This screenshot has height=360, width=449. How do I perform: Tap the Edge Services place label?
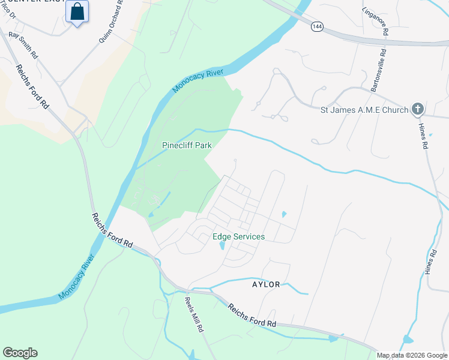click(x=238, y=236)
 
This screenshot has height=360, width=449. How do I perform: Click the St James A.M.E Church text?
click(x=364, y=110)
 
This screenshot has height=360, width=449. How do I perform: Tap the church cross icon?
click(x=418, y=110)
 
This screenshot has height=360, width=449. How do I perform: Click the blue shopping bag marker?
click(x=77, y=12)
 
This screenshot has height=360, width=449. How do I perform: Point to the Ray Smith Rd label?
click(x=23, y=44)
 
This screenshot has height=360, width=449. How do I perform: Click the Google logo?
click(x=20, y=353)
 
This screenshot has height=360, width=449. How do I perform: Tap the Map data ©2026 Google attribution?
click(x=412, y=355)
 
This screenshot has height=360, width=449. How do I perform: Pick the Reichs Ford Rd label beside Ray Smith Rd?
click(x=32, y=86)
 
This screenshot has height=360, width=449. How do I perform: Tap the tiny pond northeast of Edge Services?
click(x=283, y=214)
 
